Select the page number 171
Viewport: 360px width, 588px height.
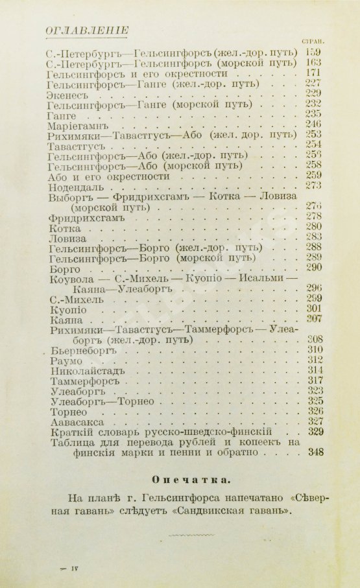tap(313, 75)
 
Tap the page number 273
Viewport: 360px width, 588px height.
tap(315, 187)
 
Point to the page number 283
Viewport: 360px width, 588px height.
tap(315, 237)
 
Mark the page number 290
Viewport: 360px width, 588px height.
tap(315, 268)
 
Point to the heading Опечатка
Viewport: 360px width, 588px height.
tap(180, 479)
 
